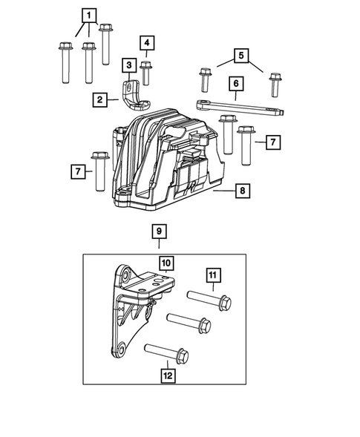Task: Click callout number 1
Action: (x=89, y=15)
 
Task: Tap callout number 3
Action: (x=128, y=65)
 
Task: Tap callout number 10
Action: (x=166, y=263)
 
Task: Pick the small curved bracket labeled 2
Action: (x=134, y=93)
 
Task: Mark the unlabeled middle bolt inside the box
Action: (x=189, y=323)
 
